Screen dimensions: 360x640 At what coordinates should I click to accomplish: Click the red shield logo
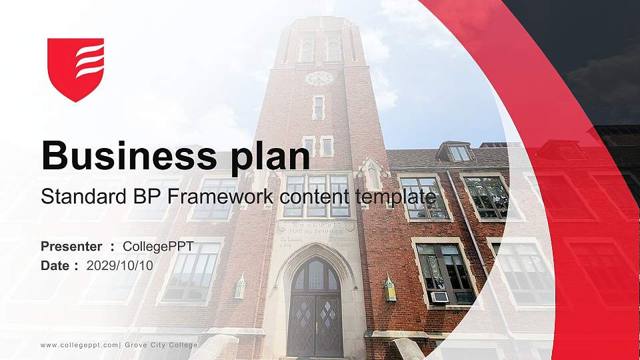pyautogui.click(x=76, y=69)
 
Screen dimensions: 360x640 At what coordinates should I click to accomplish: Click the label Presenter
pyautogui.click(x=71, y=247)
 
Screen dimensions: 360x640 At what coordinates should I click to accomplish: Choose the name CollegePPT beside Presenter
pyautogui.click(x=158, y=247)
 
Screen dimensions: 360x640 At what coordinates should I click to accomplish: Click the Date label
pyautogui.click(x=55, y=265)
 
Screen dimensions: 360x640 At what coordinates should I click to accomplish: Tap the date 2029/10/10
pyautogui.click(x=120, y=265)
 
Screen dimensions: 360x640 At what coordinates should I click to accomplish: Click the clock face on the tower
pyautogui.click(x=319, y=78)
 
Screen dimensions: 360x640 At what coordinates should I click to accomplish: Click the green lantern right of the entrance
pyautogui.click(x=390, y=289)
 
